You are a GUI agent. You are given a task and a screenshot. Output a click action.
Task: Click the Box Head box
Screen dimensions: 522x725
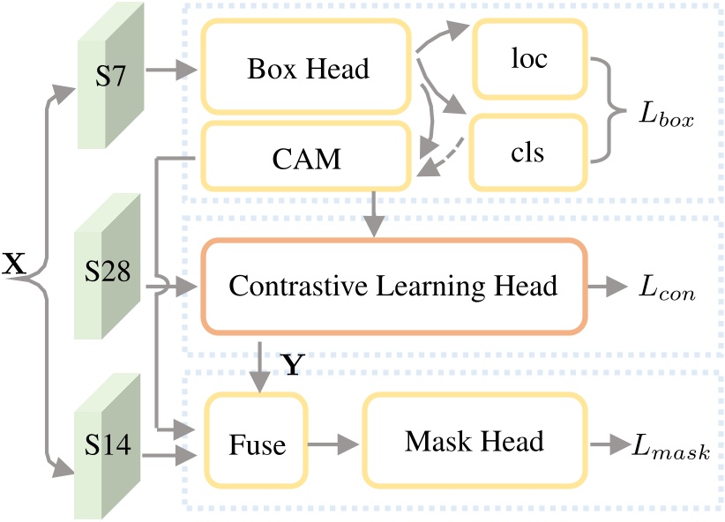[306, 68]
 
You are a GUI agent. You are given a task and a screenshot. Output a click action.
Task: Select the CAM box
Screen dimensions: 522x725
[306, 160]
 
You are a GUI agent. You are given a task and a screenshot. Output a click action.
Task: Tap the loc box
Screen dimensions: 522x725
[529, 58]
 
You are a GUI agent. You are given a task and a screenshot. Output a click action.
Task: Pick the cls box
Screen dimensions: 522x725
[529, 152]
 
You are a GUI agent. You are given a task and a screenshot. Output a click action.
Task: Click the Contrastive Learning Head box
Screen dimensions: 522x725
[393, 287]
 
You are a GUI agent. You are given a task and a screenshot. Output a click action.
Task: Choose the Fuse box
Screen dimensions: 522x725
[258, 444]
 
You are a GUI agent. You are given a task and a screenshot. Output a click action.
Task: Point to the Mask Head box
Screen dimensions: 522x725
[474, 442]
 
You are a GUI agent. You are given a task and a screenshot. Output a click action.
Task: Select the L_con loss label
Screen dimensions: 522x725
[666, 288]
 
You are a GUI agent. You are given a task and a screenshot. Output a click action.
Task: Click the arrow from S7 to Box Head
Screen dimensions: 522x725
[168, 68]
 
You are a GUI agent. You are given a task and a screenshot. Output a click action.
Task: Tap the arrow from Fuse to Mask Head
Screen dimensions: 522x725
[332, 444]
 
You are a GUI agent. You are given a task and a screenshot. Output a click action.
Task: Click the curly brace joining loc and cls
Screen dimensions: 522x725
[608, 110]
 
